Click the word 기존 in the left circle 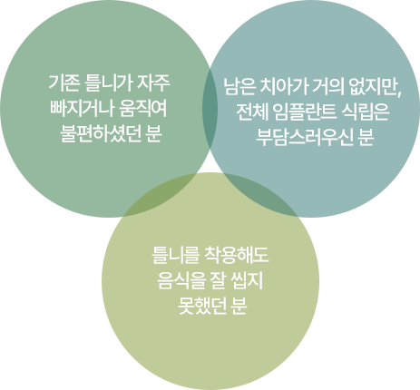(x=64, y=83)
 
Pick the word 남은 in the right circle (x=239, y=87)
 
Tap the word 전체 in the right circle (x=251, y=112)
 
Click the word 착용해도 (x=237, y=255)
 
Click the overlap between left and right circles (x=210, y=109)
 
